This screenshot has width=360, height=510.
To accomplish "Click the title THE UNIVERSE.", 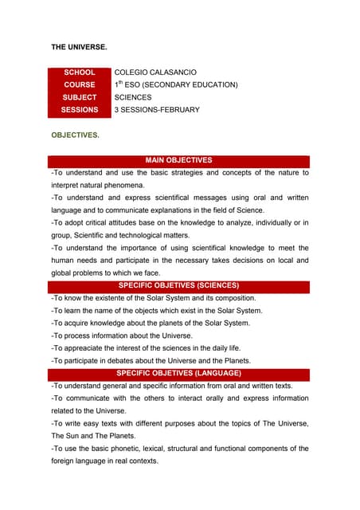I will (79, 48).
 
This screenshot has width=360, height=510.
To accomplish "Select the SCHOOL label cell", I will (80, 73).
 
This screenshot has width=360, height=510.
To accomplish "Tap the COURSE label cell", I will (80, 84).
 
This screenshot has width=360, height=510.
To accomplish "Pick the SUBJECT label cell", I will (80, 97).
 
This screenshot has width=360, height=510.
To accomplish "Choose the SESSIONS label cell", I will (80, 110).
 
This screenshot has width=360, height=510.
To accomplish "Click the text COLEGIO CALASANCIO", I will (155, 73).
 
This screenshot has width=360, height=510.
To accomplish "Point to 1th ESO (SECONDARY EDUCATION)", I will (175, 84).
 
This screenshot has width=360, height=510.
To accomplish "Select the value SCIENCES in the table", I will (133, 97).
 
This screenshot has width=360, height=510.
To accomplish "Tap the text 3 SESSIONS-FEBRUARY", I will (157, 110).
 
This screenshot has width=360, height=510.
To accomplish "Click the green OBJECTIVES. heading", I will (76, 135).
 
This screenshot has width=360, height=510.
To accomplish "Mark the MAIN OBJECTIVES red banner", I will (178, 160).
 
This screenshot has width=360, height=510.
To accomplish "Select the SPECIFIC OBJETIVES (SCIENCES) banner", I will (178, 284).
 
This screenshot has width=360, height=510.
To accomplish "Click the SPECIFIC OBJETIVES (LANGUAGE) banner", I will (178, 373).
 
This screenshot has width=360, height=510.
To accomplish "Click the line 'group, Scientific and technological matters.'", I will (120, 235).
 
